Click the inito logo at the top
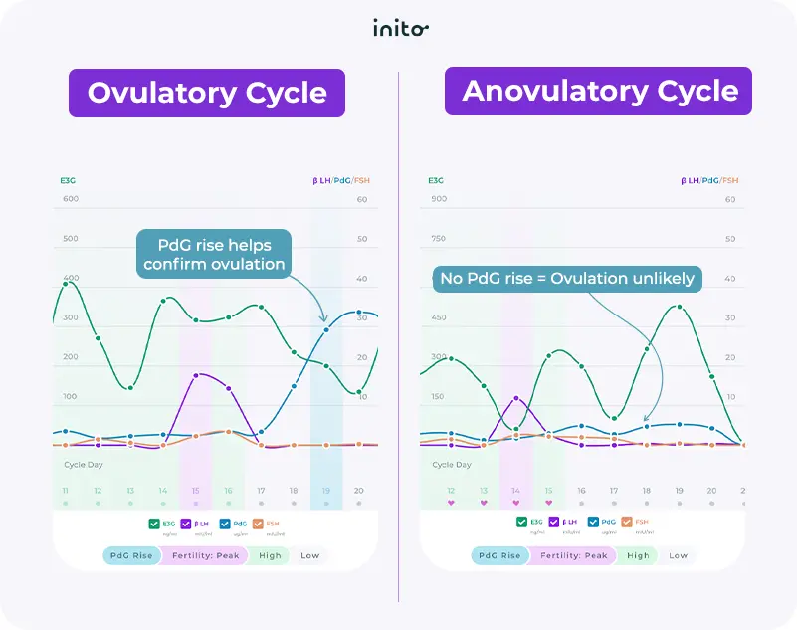point(400,28)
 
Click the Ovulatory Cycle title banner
point(207,94)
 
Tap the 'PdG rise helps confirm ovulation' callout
point(214,255)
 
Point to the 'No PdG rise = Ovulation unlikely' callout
point(567,279)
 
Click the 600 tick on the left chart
point(70,199)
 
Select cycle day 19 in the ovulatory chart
point(325,491)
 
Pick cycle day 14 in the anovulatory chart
point(515,491)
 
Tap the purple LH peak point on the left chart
point(197,375)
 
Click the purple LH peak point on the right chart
point(515,398)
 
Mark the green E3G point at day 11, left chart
point(66,285)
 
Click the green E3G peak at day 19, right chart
point(679,307)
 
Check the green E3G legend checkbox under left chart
point(153,522)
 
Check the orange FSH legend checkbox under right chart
point(626,522)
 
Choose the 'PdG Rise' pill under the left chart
point(131,555)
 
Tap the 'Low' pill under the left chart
point(310,555)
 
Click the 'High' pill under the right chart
point(638,555)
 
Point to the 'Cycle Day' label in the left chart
point(85,464)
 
